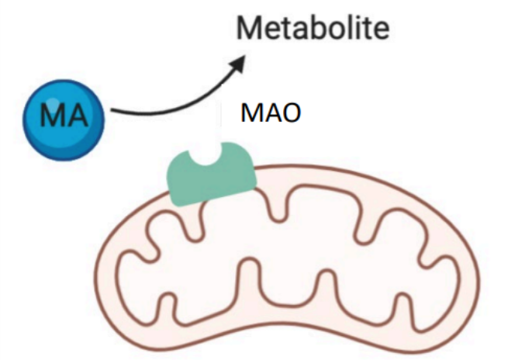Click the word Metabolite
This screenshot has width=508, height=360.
click(x=313, y=30)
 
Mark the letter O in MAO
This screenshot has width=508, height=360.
click(x=289, y=113)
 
